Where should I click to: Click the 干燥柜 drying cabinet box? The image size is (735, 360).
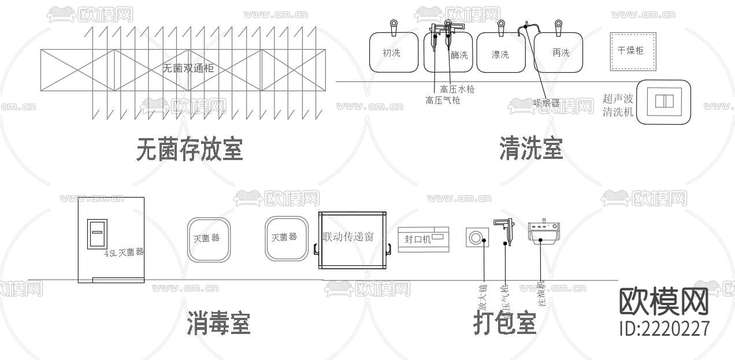point(634,51)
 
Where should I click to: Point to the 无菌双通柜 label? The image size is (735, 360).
point(188,68)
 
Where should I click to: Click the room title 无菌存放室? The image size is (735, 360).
point(190,149)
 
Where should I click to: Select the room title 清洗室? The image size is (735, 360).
point(530,149)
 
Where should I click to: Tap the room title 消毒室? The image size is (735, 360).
point(218,322)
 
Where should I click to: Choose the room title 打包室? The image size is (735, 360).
point(504,322)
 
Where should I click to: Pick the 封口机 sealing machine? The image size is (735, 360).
point(423,239)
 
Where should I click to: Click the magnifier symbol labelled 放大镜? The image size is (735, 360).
point(477,237)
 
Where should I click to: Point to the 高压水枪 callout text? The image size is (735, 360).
point(457,89)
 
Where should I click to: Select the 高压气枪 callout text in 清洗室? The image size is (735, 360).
point(443,100)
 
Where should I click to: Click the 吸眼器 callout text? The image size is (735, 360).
point(547,103)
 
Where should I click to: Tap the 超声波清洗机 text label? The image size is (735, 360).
point(618,105)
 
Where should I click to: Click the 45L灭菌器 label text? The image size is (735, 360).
point(124,253)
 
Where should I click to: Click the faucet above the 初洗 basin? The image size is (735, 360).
point(394,27)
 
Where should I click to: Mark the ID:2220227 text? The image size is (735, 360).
point(664,328)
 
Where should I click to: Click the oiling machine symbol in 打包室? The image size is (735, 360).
point(544,232)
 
